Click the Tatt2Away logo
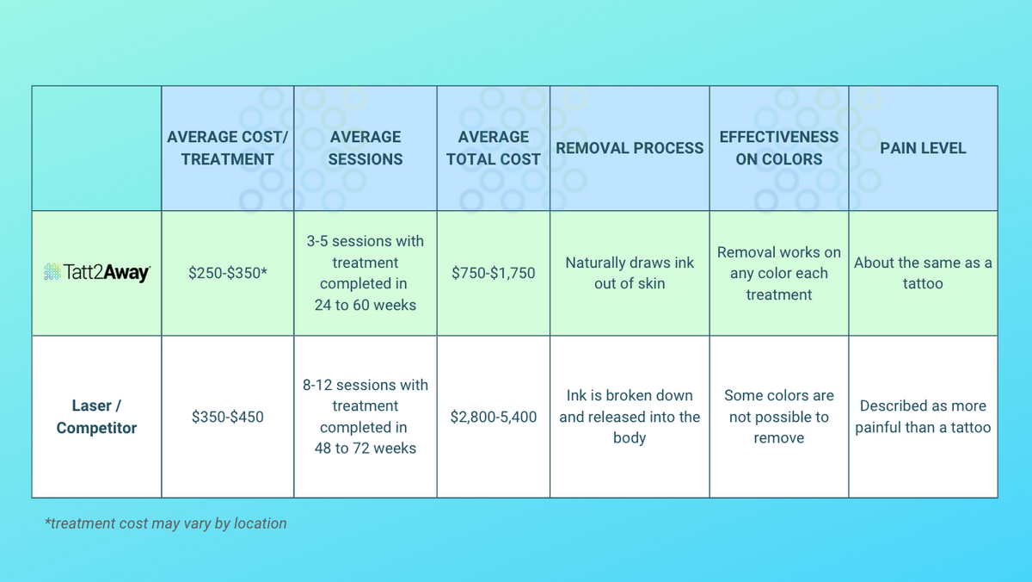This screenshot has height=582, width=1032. tap(96, 273)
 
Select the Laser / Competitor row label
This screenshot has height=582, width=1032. tap(96, 417)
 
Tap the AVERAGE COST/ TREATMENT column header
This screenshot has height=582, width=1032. tap(227, 148)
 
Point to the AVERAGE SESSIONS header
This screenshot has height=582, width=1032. tap(365, 148)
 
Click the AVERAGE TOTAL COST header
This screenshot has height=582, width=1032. tap(494, 148)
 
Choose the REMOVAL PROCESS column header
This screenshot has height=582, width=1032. tap(630, 148)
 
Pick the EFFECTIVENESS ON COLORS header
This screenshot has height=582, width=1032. tap(779, 148)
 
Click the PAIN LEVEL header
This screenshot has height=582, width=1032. tap(923, 148)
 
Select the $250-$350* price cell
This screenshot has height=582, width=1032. tap(227, 273)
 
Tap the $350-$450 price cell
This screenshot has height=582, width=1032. tap(227, 417)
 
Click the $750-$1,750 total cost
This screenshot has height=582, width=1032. tap(494, 273)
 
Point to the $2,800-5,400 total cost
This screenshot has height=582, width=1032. tap(494, 417)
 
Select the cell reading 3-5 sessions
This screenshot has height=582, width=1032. tap(365, 273)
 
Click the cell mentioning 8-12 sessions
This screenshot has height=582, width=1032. tap(365, 417)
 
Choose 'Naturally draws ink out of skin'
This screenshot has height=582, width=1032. tap(630, 273)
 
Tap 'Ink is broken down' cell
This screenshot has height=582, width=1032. tap(630, 417)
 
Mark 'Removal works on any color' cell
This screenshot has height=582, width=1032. tap(779, 273)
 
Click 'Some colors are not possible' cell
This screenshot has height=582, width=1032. tap(779, 417)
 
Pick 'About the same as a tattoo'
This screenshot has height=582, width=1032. tap(923, 273)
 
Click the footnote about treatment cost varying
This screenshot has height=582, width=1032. tap(165, 523)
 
